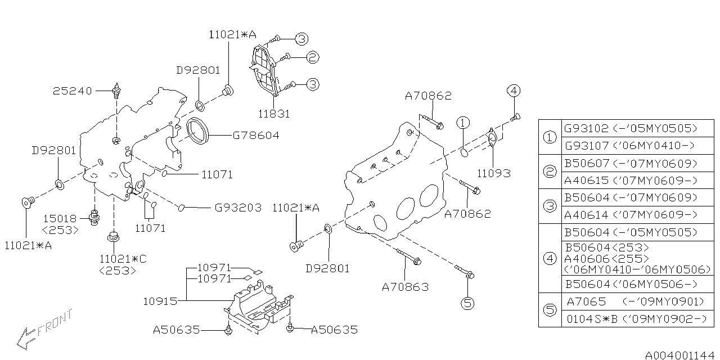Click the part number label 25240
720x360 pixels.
73,91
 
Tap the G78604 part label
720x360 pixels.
256,136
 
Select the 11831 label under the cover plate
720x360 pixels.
274,114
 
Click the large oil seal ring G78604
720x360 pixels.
197,131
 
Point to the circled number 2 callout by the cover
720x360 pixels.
312,57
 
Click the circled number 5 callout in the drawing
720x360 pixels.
467,303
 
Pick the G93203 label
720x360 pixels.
238,208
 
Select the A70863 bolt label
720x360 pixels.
405,287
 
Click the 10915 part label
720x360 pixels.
160,301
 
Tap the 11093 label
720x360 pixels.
494,174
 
